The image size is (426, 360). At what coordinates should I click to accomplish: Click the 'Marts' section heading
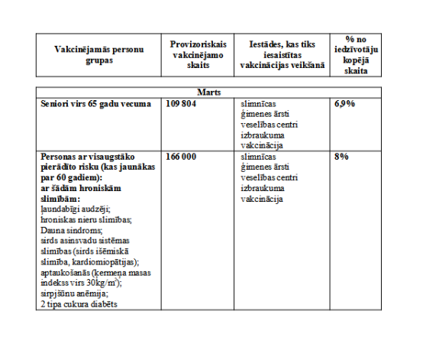[x=209, y=92]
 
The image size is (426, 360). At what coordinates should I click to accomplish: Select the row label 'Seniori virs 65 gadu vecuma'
[x=96, y=102]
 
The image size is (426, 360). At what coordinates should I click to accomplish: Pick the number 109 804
[x=182, y=102]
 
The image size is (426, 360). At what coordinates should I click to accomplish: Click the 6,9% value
[x=345, y=102]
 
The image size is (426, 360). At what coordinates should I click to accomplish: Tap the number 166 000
[x=182, y=156]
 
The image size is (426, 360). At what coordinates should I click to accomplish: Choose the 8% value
[x=341, y=156]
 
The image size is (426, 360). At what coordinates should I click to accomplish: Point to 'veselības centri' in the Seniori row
[x=267, y=124]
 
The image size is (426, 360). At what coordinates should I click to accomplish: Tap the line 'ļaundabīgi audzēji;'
[x=76, y=208]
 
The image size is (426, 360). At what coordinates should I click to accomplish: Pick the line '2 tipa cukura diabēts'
[x=78, y=304]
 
